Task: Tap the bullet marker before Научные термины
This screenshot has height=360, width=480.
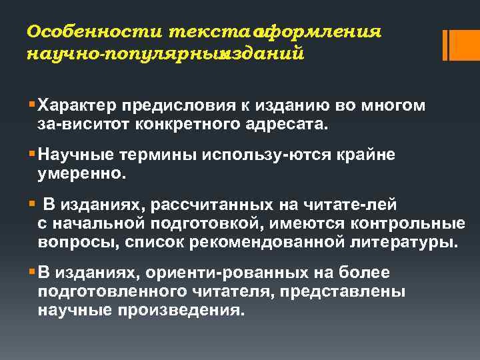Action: (32, 155)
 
